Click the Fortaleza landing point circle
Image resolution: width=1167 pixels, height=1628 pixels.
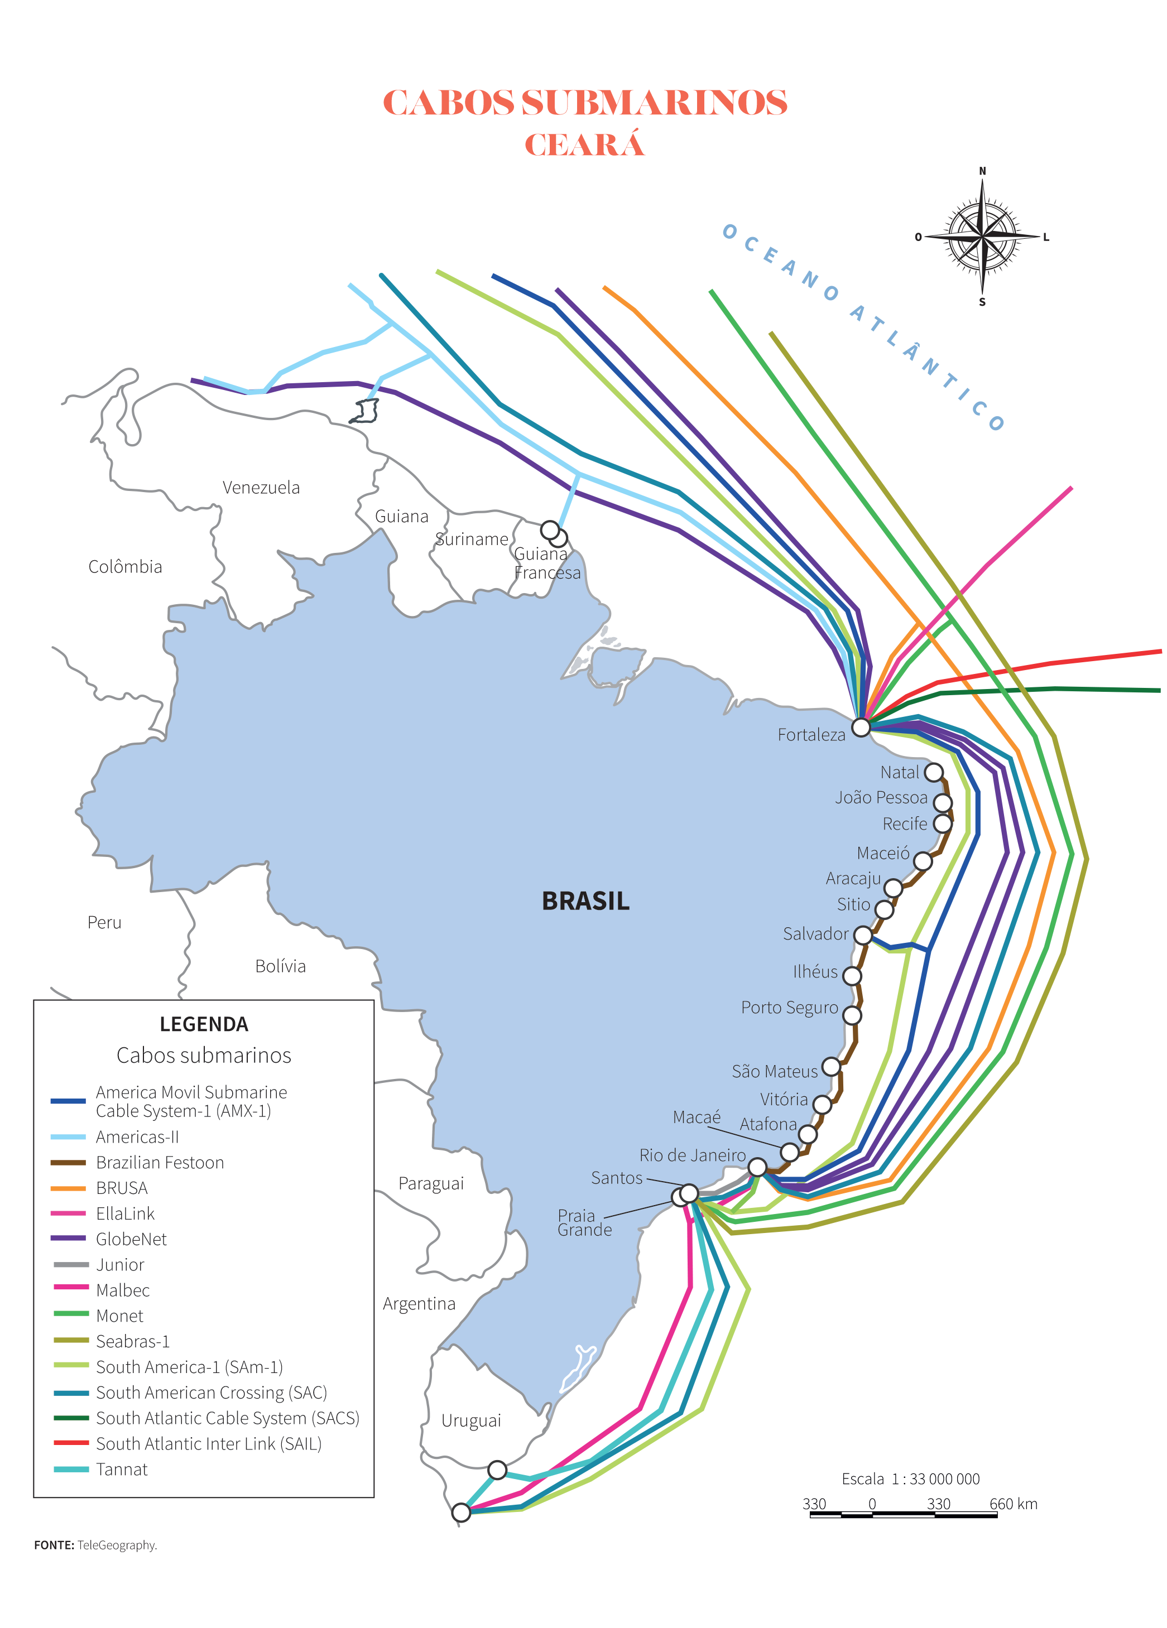(x=861, y=727)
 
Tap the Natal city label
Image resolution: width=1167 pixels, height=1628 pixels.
(x=899, y=772)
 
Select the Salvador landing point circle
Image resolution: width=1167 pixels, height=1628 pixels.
(x=862, y=935)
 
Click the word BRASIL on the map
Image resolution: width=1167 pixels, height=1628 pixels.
(x=585, y=901)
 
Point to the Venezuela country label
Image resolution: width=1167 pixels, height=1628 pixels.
(x=261, y=488)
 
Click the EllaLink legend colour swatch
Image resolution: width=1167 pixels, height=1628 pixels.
(x=69, y=1213)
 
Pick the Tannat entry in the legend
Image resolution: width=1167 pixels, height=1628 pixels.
(x=121, y=1470)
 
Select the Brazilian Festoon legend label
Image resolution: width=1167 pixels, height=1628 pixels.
(x=160, y=1162)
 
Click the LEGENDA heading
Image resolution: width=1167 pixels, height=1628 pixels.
(x=204, y=1024)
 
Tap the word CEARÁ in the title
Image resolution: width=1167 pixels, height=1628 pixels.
(x=584, y=145)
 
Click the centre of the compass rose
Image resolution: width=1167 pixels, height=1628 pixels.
(x=982, y=235)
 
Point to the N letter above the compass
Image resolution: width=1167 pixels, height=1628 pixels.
(x=982, y=171)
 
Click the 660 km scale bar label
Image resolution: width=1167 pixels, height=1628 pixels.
(x=1012, y=1504)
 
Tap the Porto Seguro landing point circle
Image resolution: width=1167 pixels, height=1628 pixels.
(x=852, y=1015)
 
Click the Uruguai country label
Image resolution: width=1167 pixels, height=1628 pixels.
(x=470, y=1420)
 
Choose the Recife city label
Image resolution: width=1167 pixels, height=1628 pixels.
(x=904, y=824)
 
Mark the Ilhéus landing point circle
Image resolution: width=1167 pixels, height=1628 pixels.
(x=852, y=975)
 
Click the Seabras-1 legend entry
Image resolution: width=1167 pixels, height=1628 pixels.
(x=132, y=1341)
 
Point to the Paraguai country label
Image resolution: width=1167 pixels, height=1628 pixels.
(x=431, y=1184)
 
